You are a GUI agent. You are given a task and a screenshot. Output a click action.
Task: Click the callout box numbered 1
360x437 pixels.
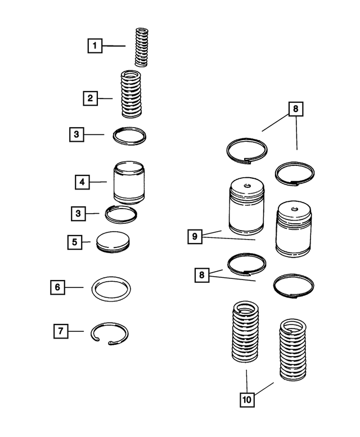(95, 46)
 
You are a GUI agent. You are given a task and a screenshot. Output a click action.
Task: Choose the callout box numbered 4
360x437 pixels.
(82, 182)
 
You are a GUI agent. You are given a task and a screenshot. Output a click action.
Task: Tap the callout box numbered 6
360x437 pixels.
(57, 287)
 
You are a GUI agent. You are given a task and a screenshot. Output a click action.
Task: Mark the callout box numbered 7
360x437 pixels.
(61, 331)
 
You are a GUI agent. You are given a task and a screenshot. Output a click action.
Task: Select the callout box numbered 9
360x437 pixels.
(195, 236)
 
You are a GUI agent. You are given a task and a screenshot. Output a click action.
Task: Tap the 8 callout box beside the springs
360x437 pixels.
(201, 276)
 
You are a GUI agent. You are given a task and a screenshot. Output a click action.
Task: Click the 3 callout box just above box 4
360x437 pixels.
(77, 134)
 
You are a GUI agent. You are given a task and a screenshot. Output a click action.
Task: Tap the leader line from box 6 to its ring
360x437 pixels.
(74, 287)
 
